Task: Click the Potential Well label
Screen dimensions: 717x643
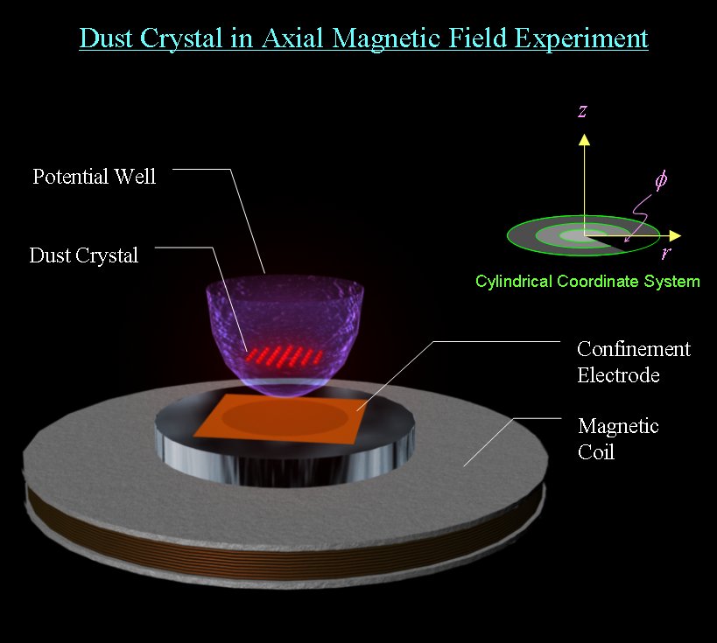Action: [95, 177]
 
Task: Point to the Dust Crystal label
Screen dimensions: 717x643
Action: [84, 255]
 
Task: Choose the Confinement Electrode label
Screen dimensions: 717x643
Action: [634, 362]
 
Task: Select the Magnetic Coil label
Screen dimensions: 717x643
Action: [618, 438]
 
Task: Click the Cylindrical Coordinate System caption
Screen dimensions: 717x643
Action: [587, 281]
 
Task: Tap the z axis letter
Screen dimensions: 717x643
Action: [582, 110]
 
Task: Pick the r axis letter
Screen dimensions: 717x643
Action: [666, 252]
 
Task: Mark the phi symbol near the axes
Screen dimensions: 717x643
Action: [661, 180]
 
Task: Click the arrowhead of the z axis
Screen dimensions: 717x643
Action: [584, 139]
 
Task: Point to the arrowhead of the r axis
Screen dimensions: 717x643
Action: [675, 236]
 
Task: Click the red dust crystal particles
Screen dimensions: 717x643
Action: [285, 355]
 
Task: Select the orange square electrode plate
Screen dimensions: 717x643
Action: [280, 419]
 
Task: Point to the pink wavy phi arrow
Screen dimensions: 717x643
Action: [639, 216]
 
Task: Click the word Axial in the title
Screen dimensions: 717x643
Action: [292, 38]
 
